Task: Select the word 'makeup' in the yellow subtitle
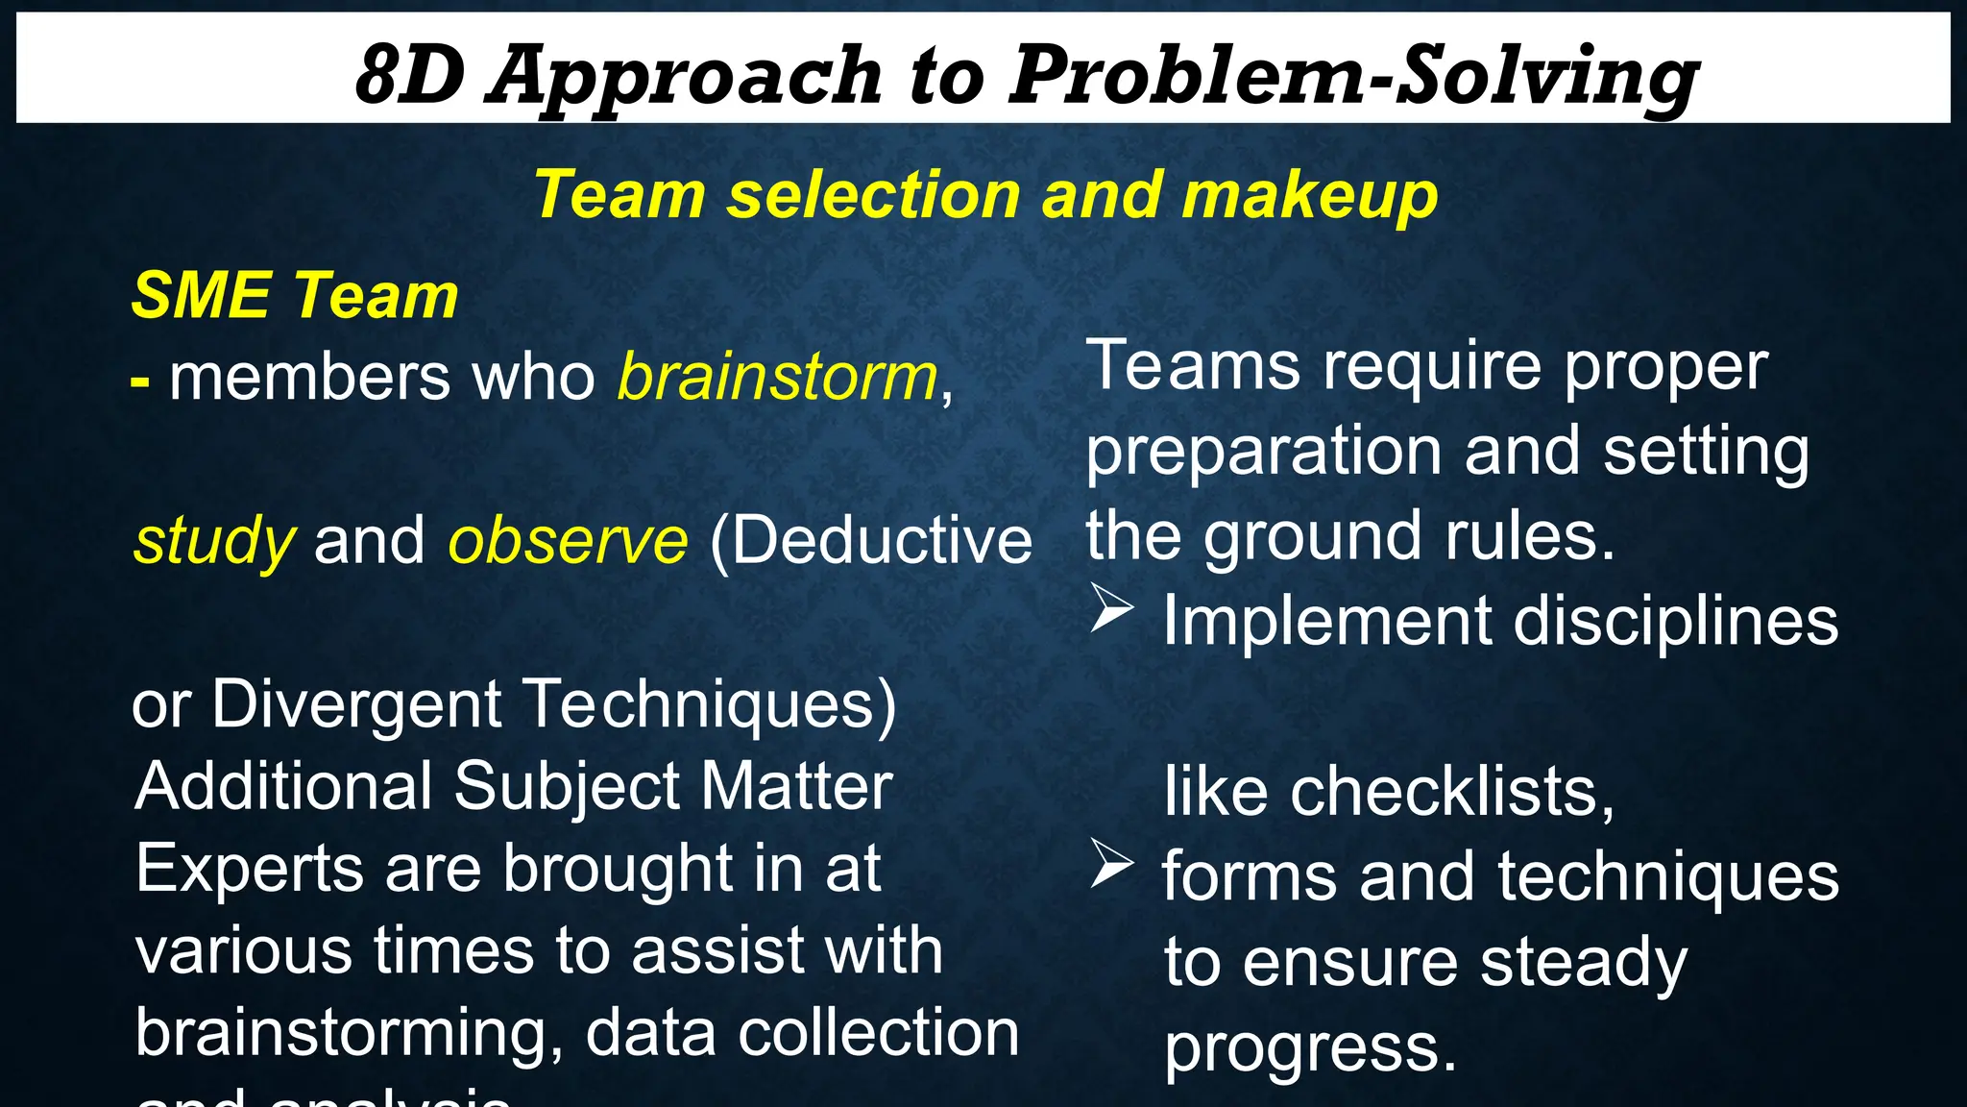point(1310,195)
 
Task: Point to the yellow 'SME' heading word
point(202,295)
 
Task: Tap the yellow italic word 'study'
point(213,541)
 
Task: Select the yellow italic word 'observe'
point(568,540)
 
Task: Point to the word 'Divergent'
point(356,704)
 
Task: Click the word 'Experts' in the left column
point(249,869)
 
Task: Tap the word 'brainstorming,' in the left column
point(349,1034)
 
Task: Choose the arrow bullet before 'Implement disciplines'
point(1112,610)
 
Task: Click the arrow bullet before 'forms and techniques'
point(1112,864)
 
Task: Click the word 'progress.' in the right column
point(1310,1048)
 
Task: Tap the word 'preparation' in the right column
point(1264,452)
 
